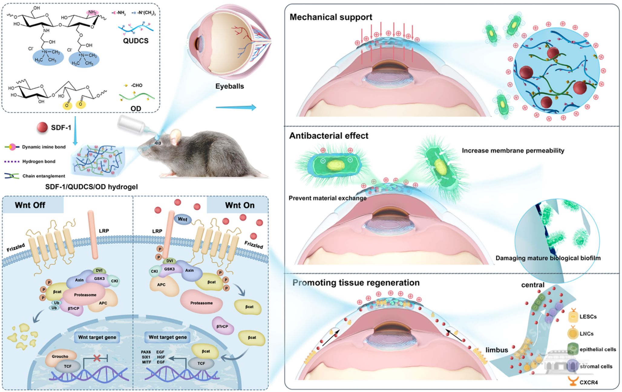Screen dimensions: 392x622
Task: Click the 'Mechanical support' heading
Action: tap(331, 17)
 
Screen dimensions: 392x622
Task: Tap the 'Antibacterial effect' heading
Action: tap(329, 136)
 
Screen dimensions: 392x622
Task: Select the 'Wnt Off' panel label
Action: tap(30, 205)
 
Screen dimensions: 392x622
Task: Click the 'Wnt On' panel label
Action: tap(240, 205)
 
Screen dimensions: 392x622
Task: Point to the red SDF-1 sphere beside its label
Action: tap(42, 128)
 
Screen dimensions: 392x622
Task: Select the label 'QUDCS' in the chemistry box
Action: tap(136, 41)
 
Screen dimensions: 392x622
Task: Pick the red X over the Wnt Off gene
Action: tap(97, 358)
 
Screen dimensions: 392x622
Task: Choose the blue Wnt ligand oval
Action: tap(182, 219)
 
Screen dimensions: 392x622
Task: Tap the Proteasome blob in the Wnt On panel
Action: tap(201, 303)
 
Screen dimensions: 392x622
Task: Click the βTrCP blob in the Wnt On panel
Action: tap(222, 326)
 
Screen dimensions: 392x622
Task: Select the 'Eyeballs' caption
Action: tap(229, 86)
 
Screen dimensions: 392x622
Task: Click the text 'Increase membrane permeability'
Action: tap(513, 150)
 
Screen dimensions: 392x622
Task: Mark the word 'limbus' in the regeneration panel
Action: tap(496, 350)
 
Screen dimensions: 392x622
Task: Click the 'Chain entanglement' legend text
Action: tap(44, 176)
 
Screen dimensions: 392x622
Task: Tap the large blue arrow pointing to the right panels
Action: tap(236, 107)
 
